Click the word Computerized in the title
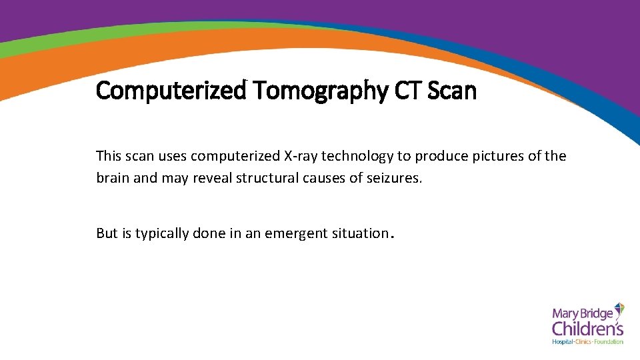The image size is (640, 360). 171,90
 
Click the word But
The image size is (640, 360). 107,233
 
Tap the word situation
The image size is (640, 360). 359,233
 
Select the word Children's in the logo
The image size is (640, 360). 587,328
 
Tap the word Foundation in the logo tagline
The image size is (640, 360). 609,342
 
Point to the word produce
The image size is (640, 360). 439,157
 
